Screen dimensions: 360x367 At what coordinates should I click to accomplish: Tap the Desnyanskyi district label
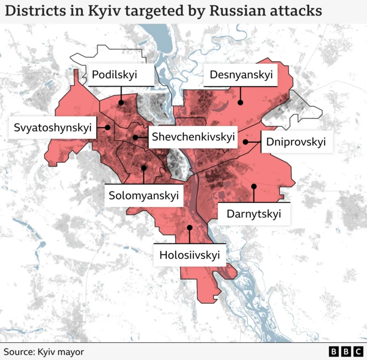click(240, 75)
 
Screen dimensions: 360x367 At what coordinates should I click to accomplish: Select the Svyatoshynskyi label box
click(53, 128)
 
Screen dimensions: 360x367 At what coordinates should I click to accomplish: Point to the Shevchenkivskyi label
click(193, 137)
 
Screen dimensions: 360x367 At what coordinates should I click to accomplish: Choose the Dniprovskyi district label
click(296, 142)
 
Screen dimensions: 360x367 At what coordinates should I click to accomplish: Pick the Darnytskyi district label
click(253, 214)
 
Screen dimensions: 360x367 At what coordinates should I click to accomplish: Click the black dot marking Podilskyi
click(122, 103)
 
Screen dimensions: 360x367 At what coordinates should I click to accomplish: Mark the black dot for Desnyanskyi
click(240, 103)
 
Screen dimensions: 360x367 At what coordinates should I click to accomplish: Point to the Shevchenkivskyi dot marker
click(135, 137)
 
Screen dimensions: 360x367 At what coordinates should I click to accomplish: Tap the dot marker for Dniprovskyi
click(245, 142)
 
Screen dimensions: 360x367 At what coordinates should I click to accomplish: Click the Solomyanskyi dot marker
click(143, 167)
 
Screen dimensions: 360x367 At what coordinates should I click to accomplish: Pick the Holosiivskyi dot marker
click(190, 227)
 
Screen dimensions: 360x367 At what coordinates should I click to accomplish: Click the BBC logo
click(346, 351)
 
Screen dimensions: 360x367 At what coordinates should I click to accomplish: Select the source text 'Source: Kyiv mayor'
click(44, 351)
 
